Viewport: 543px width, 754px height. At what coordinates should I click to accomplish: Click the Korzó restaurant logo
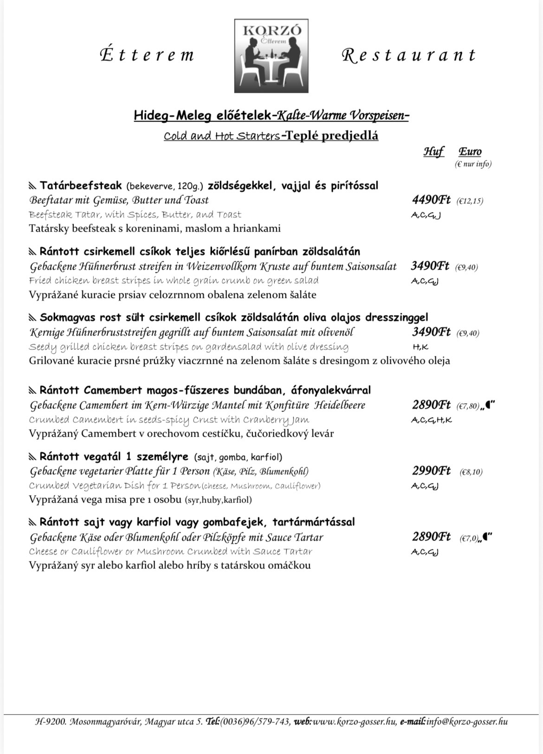pos(271,56)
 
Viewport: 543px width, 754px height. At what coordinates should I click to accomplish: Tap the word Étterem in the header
pos(147,55)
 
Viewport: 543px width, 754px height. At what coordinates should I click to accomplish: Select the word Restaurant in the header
pos(409,55)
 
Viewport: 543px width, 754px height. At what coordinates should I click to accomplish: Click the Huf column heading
pos(433,151)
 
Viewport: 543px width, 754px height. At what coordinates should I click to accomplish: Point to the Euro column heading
pos(470,151)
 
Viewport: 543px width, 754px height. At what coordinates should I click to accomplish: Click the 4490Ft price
pos(431,200)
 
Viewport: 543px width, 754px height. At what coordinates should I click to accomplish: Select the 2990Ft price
pos(431,471)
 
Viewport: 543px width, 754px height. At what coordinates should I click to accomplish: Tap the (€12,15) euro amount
pos(470,201)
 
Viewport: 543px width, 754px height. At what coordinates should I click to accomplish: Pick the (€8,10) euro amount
pos(471,472)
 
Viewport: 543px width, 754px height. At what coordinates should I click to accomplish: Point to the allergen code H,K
pos(420,347)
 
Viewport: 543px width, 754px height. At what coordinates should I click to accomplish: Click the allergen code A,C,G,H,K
pos(432,420)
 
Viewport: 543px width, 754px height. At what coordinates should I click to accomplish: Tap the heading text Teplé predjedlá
pos(332,135)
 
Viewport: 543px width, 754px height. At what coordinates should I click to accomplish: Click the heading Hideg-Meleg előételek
pos(202,115)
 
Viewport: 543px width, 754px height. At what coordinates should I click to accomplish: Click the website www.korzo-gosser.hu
pos(355,722)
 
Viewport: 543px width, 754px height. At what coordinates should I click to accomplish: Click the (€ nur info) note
pos(473,164)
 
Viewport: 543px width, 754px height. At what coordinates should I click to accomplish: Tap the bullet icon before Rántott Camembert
pos(32,390)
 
